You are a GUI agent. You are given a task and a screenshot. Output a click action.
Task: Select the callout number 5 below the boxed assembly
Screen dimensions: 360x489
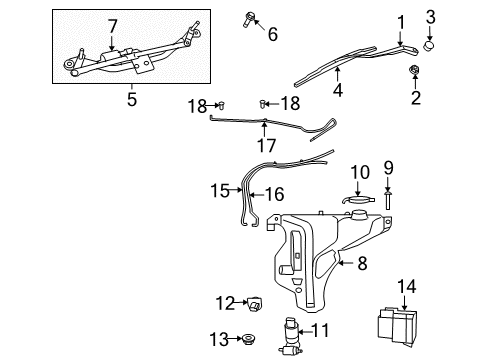point(131,98)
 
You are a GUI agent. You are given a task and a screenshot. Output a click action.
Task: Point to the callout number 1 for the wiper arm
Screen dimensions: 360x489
point(400,21)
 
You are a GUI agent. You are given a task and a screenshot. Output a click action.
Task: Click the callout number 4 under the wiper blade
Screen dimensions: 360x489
point(338,90)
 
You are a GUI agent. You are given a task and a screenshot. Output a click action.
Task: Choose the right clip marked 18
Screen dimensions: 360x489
point(264,103)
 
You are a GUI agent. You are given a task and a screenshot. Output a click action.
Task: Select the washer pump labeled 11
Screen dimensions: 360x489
point(292,329)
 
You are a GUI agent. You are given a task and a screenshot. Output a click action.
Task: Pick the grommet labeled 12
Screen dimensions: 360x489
point(253,301)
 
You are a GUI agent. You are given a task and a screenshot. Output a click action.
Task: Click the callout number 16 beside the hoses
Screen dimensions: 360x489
point(273,194)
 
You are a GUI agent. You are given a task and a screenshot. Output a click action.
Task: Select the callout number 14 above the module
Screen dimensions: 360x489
point(407,285)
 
